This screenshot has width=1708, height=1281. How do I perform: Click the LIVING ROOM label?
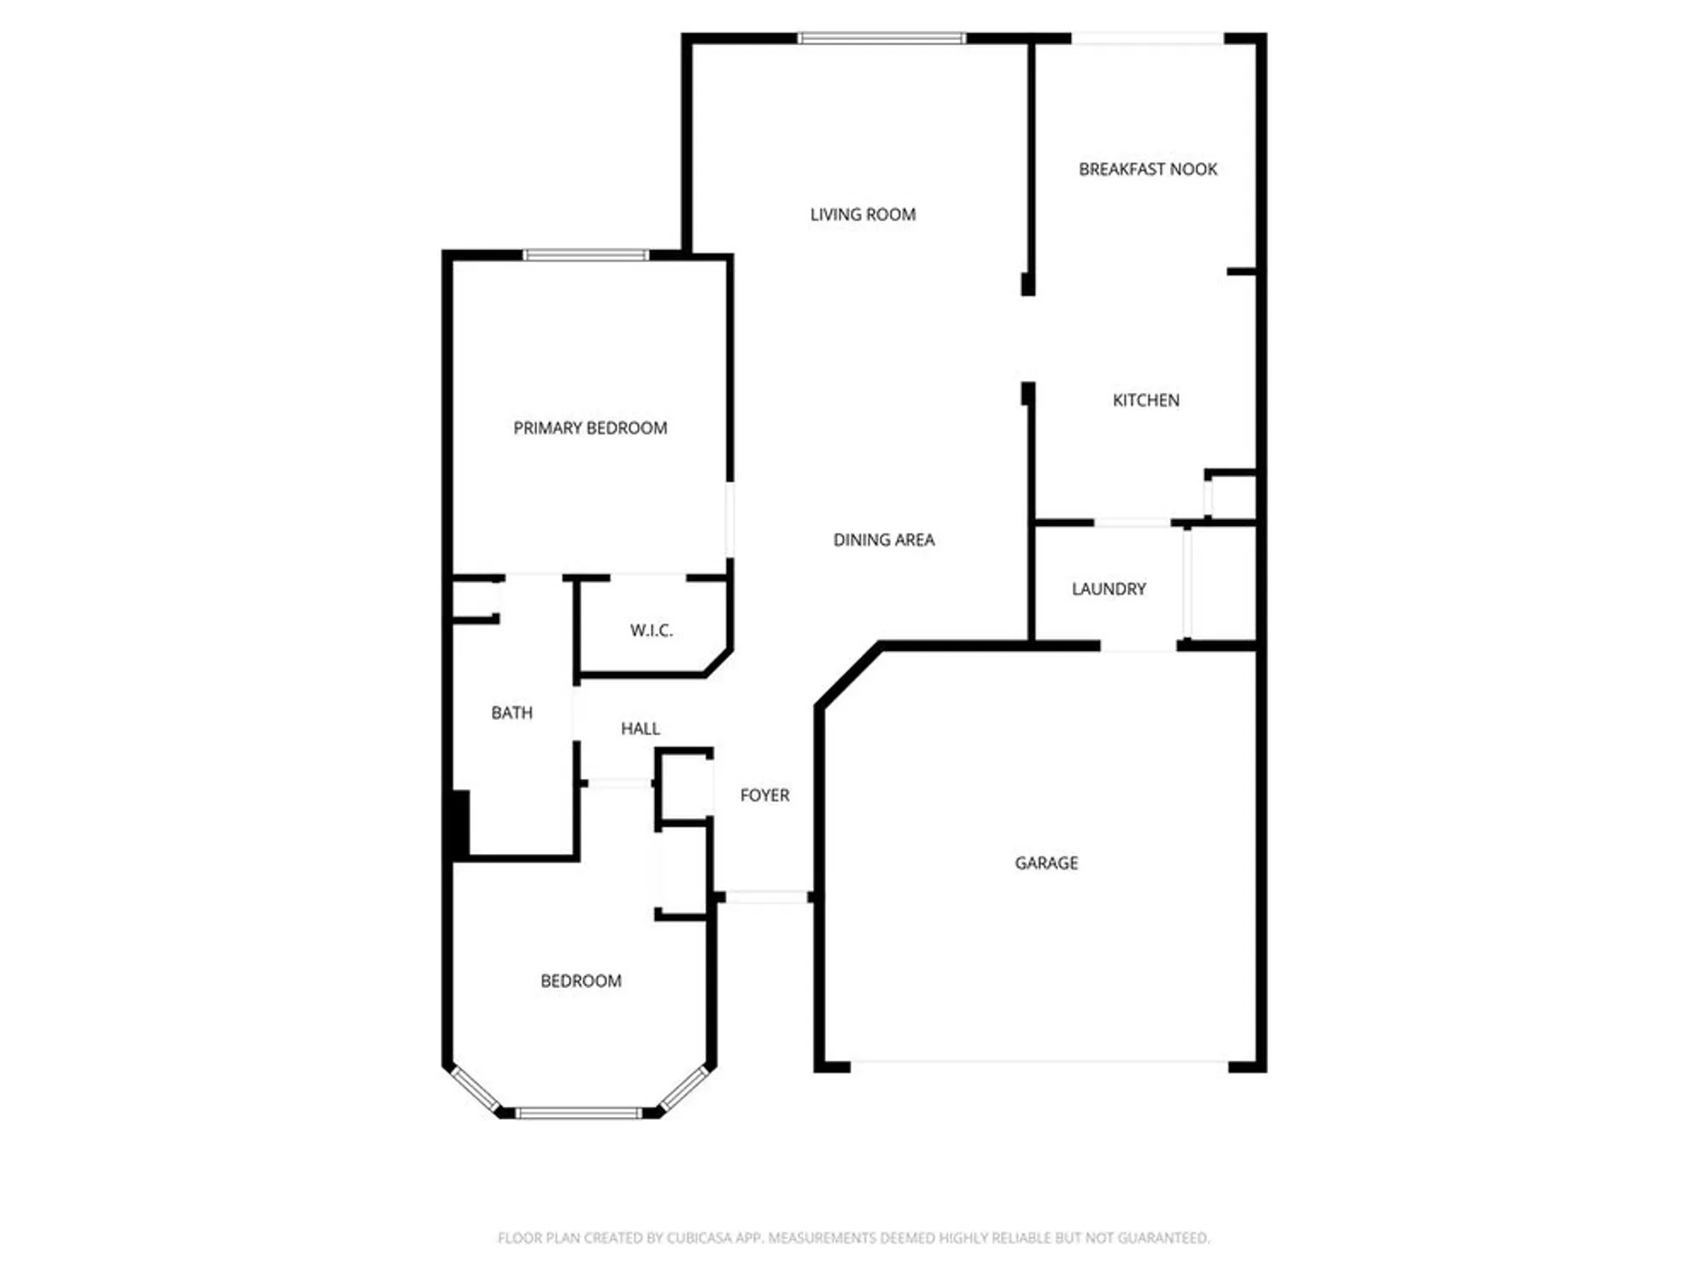pos(863,214)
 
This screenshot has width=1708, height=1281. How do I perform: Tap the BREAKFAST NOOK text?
pos(1148,169)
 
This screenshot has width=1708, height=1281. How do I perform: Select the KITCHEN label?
pos(1145,400)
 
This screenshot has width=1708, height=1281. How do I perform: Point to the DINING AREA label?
pos(884,540)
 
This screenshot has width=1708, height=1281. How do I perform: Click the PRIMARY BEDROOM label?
pos(590,428)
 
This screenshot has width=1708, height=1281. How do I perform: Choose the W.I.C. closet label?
pos(652,630)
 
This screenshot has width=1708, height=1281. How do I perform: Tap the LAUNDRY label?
pos(1108,588)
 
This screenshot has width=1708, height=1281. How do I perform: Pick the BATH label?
pos(512,712)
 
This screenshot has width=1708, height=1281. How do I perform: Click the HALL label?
pos(640,728)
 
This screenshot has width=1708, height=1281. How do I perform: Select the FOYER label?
pos(764,795)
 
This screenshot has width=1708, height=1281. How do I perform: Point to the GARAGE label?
pos(1046,863)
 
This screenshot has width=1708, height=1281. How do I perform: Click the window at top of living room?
pos(881,38)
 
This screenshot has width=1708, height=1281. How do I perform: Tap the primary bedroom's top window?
pos(586,254)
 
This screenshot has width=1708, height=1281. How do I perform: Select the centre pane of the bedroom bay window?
pos(578,1113)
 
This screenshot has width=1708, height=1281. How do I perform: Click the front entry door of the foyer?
pos(766,897)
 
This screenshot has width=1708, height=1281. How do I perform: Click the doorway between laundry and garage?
pos(1138,646)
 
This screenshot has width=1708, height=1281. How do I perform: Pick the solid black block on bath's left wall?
pos(460,823)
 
